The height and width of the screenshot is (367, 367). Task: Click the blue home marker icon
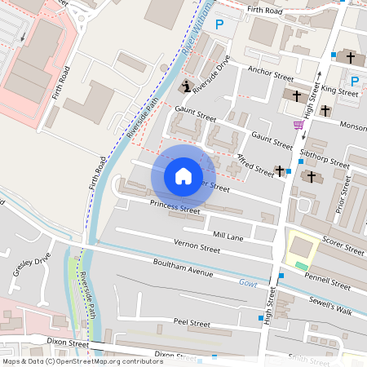(x=183, y=176)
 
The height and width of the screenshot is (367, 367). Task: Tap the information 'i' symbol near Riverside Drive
(x=185, y=87)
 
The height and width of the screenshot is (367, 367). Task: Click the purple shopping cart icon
(x=298, y=125)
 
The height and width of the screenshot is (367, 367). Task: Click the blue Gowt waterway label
(x=248, y=282)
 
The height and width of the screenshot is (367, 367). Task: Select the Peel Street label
(x=192, y=323)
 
